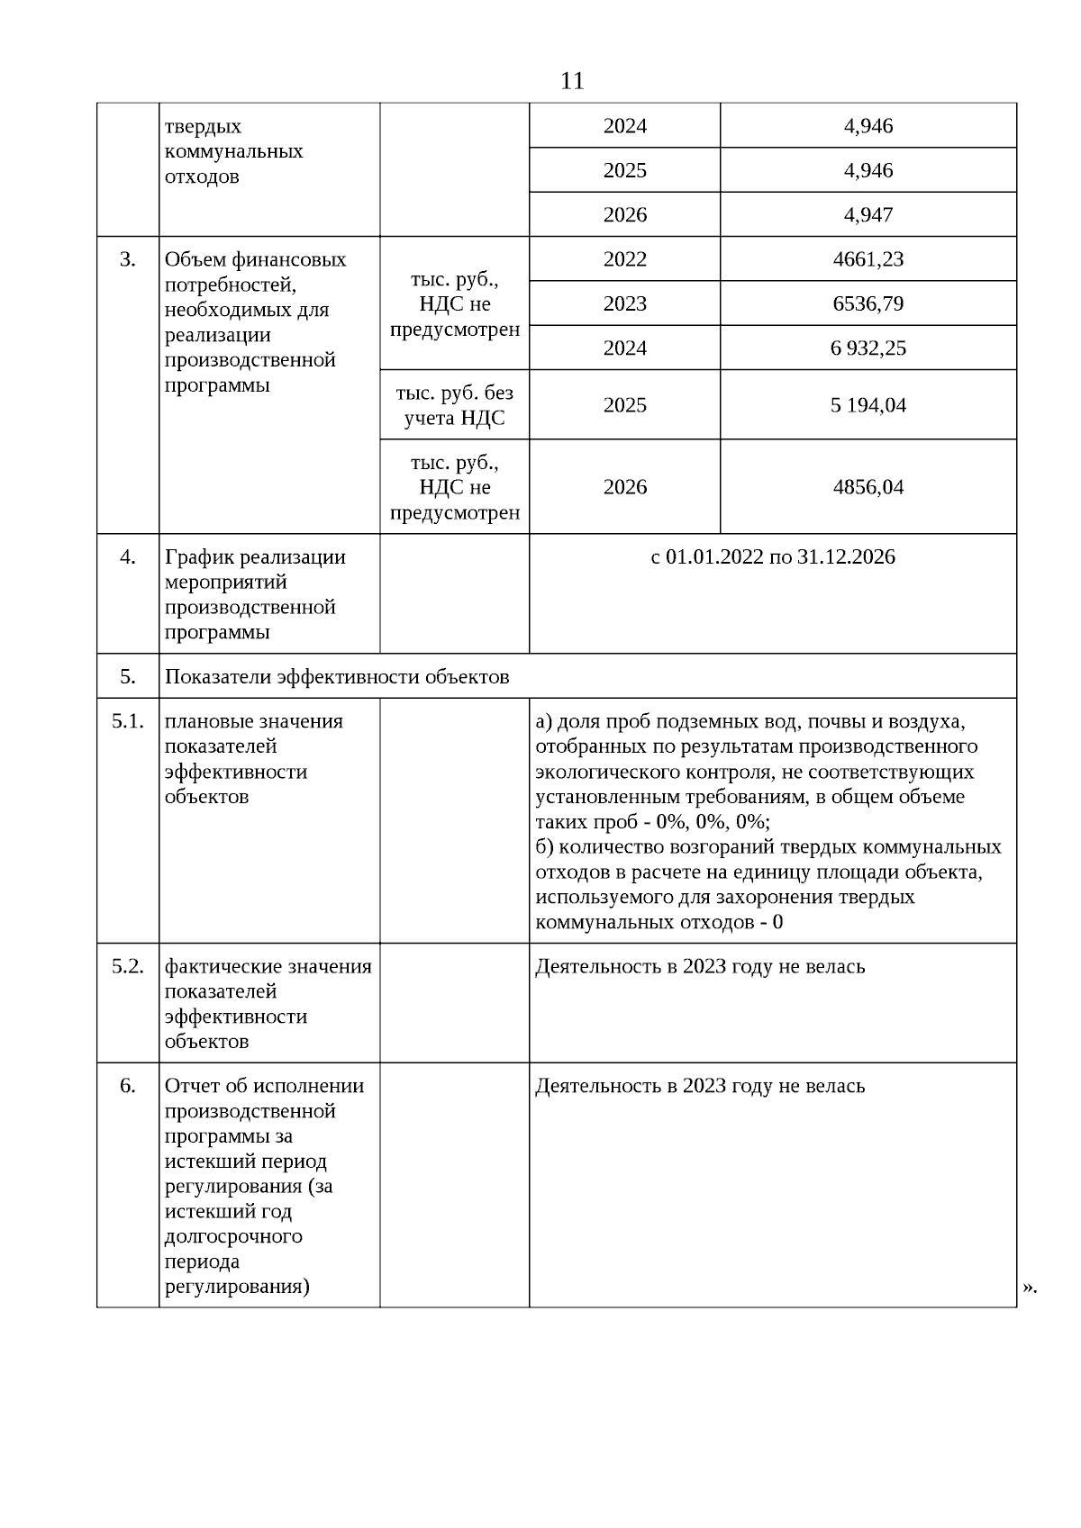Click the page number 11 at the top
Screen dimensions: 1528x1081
click(572, 81)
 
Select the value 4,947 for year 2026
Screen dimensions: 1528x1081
click(868, 214)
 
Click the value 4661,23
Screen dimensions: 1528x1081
click(868, 259)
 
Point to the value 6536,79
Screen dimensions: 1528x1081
click(868, 303)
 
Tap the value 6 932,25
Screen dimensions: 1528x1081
click(868, 348)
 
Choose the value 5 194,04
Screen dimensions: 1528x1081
click(868, 405)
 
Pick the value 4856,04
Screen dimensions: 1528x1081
click(868, 487)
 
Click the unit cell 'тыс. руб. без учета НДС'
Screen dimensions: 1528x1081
click(454, 405)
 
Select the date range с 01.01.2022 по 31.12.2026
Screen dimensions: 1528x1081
click(772, 556)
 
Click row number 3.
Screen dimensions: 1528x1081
click(128, 259)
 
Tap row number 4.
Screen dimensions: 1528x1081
click(128, 556)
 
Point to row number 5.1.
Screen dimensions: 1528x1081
click(128, 721)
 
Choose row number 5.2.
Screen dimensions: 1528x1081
click(128, 966)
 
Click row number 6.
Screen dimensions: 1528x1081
click(128, 1086)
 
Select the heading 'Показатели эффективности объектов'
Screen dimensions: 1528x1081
click(337, 676)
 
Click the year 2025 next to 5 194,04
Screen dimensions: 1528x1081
click(624, 405)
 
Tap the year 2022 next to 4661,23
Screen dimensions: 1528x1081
click(624, 259)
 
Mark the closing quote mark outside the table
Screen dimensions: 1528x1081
click(1030, 1288)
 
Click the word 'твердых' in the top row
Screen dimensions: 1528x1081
click(203, 126)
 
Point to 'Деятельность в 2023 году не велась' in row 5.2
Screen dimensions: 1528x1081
click(700, 966)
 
